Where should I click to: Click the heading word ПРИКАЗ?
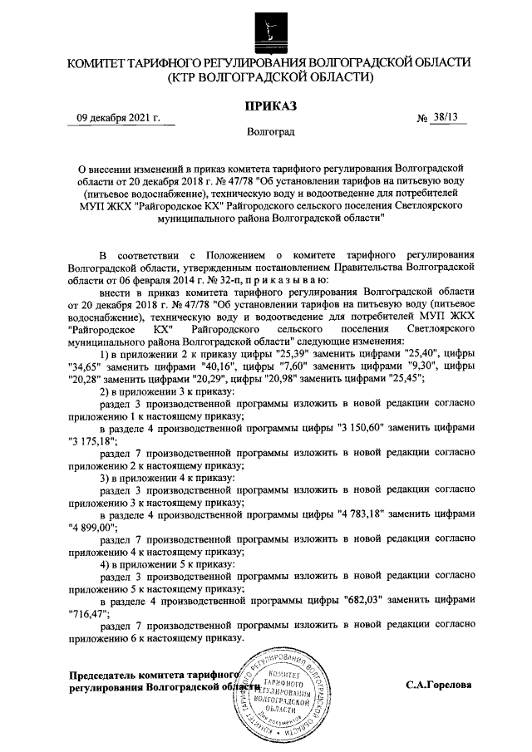266,106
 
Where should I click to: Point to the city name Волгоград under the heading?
268,131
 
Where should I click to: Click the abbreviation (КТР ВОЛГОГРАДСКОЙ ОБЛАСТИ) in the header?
268,77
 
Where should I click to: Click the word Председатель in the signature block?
104,675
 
